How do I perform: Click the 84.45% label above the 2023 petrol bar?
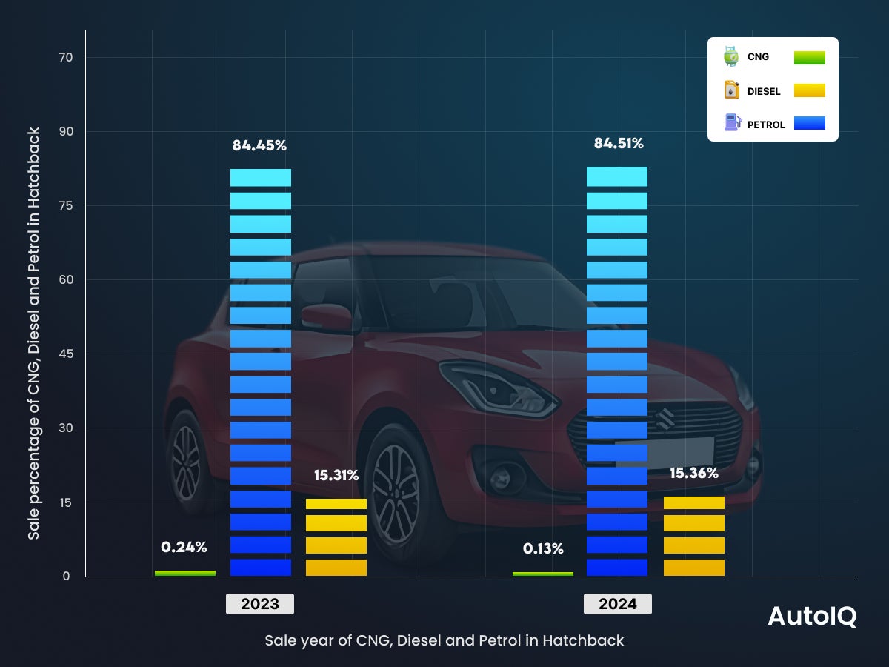259,145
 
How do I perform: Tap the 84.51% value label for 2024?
619,143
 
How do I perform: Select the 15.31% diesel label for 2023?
336,476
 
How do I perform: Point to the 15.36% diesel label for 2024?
694,473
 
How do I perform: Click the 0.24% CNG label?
184,548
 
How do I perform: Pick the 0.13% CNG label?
543,549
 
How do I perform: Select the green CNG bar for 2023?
185,573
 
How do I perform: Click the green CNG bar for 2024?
543,574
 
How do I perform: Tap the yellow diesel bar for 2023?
336,537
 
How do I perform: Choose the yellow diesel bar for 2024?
694,536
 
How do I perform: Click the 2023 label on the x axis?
260,604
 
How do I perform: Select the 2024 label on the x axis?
618,604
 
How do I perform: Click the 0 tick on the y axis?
66,576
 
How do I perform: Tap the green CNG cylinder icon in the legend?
731,57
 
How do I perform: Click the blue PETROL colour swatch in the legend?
809,123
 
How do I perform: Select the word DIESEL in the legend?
764,92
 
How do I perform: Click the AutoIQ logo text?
812,617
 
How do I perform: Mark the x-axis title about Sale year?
444,640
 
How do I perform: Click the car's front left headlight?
489,385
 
